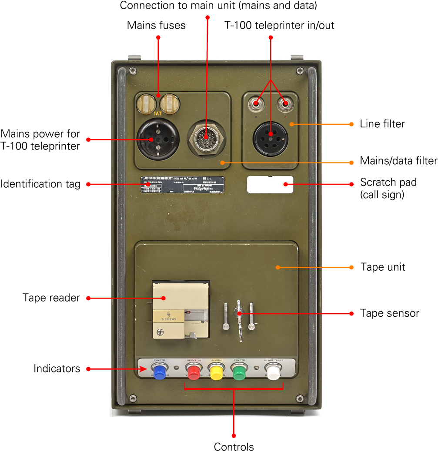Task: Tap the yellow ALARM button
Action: pyautogui.click(x=217, y=373)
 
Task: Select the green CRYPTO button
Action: pyautogui.click(x=239, y=372)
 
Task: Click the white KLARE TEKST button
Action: pyautogui.click(x=273, y=372)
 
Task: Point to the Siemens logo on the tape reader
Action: pyautogui.click(x=169, y=316)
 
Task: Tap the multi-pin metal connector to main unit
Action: pyautogui.click(x=207, y=140)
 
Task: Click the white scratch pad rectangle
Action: pyautogui.click(x=270, y=184)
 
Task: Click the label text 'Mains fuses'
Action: pyautogui.click(x=156, y=25)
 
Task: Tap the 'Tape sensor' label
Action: pyautogui.click(x=389, y=313)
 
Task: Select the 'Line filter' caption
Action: pyautogui.click(x=382, y=124)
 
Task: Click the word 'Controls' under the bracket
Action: pyautogui.click(x=234, y=446)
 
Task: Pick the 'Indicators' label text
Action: pyautogui.click(x=57, y=369)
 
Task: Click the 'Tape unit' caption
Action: pyautogui.click(x=383, y=267)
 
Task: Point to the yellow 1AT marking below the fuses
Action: pyautogui.click(x=158, y=113)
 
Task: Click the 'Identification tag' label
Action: pyautogui.click(x=40, y=184)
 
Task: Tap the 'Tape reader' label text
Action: pyautogui.click(x=51, y=298)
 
